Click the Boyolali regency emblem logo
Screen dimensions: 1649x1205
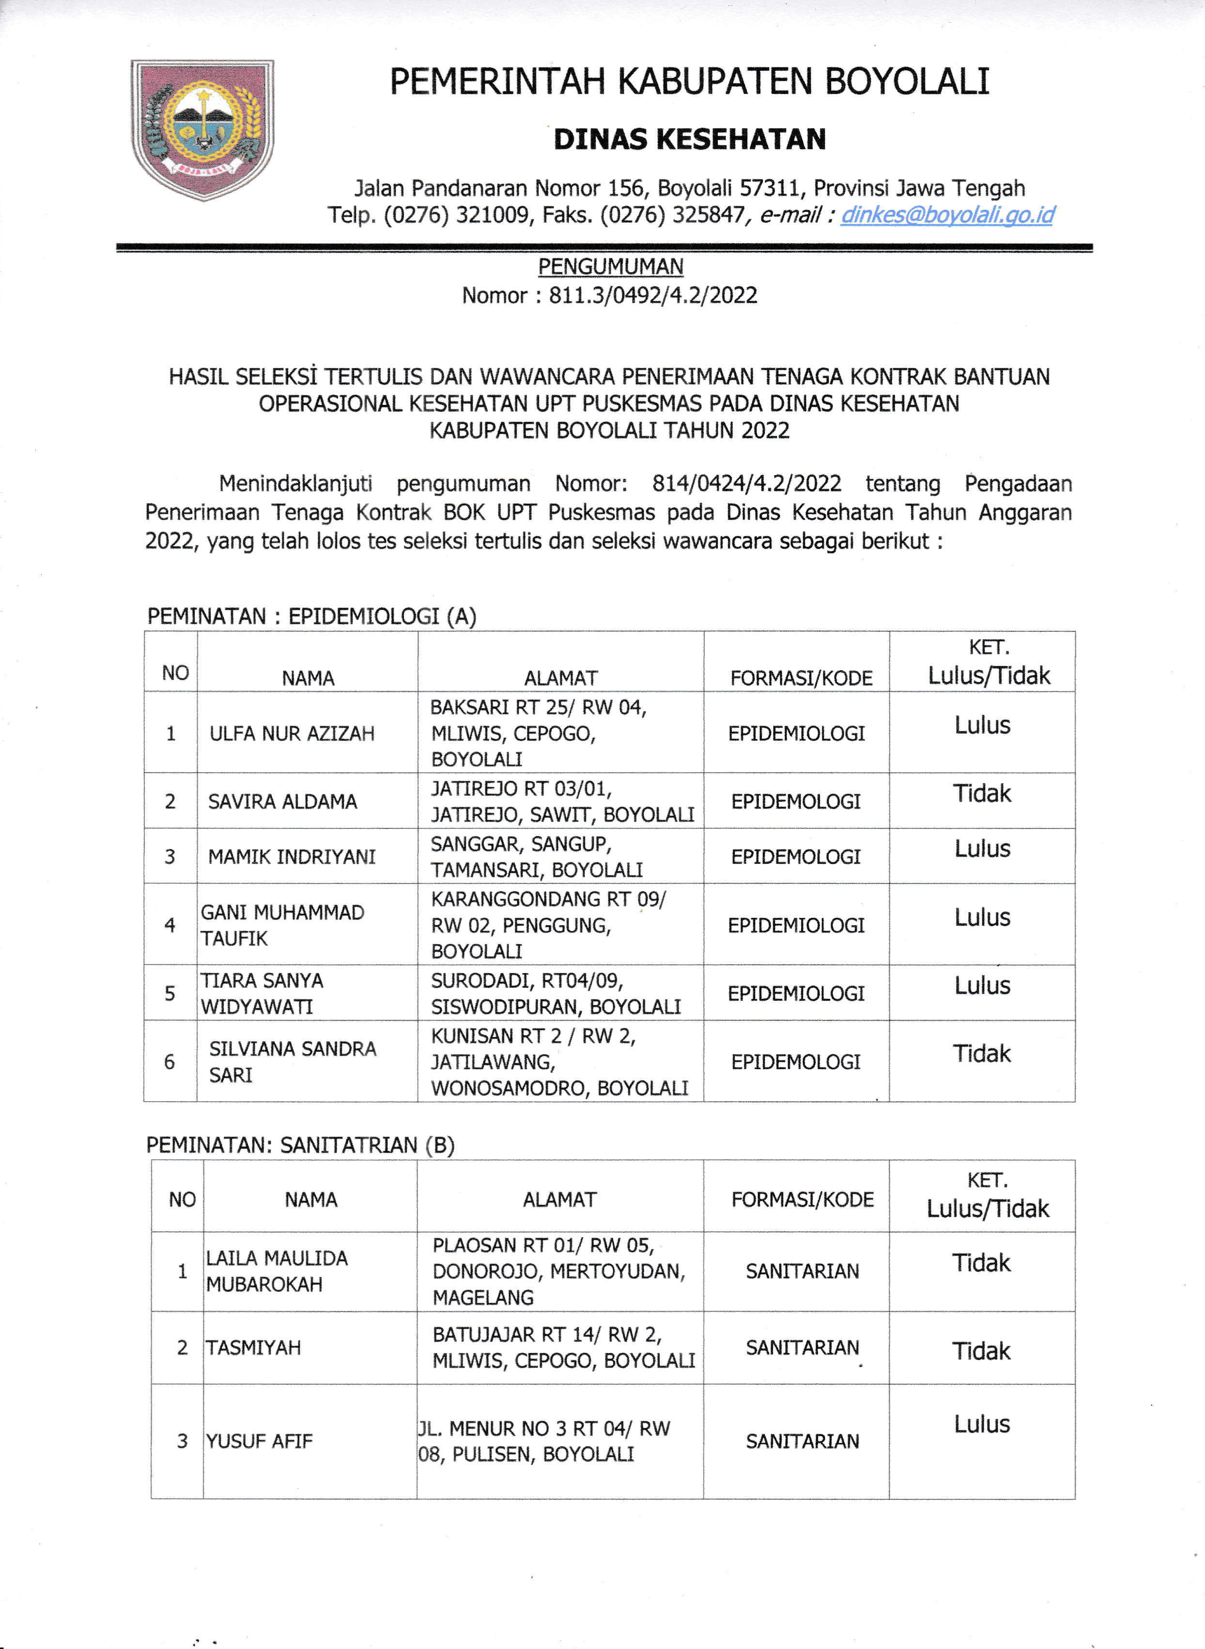[x=202, y=129]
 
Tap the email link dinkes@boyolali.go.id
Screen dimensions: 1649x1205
[x=947, y=215]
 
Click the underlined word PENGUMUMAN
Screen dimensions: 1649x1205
[x=611, y=267]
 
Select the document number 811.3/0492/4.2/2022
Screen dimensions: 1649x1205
[x=653, y=296]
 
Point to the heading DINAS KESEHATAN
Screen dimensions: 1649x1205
[x=689, y=140]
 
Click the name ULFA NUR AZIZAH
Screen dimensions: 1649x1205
[x=292, y=733]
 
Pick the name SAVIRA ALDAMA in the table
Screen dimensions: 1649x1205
[x=282, y=801]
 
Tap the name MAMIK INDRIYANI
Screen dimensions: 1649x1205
[x=292, y=856]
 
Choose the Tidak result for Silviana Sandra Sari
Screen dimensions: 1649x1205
[x=982, y=1054]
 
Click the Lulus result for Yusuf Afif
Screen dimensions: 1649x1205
[x=982, y=1424]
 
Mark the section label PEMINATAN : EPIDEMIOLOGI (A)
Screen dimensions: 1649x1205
[x=311, y=617]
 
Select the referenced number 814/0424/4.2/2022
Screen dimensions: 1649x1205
[x=746, y=484]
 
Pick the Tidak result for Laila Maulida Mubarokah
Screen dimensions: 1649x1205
[x=982, y=1262]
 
